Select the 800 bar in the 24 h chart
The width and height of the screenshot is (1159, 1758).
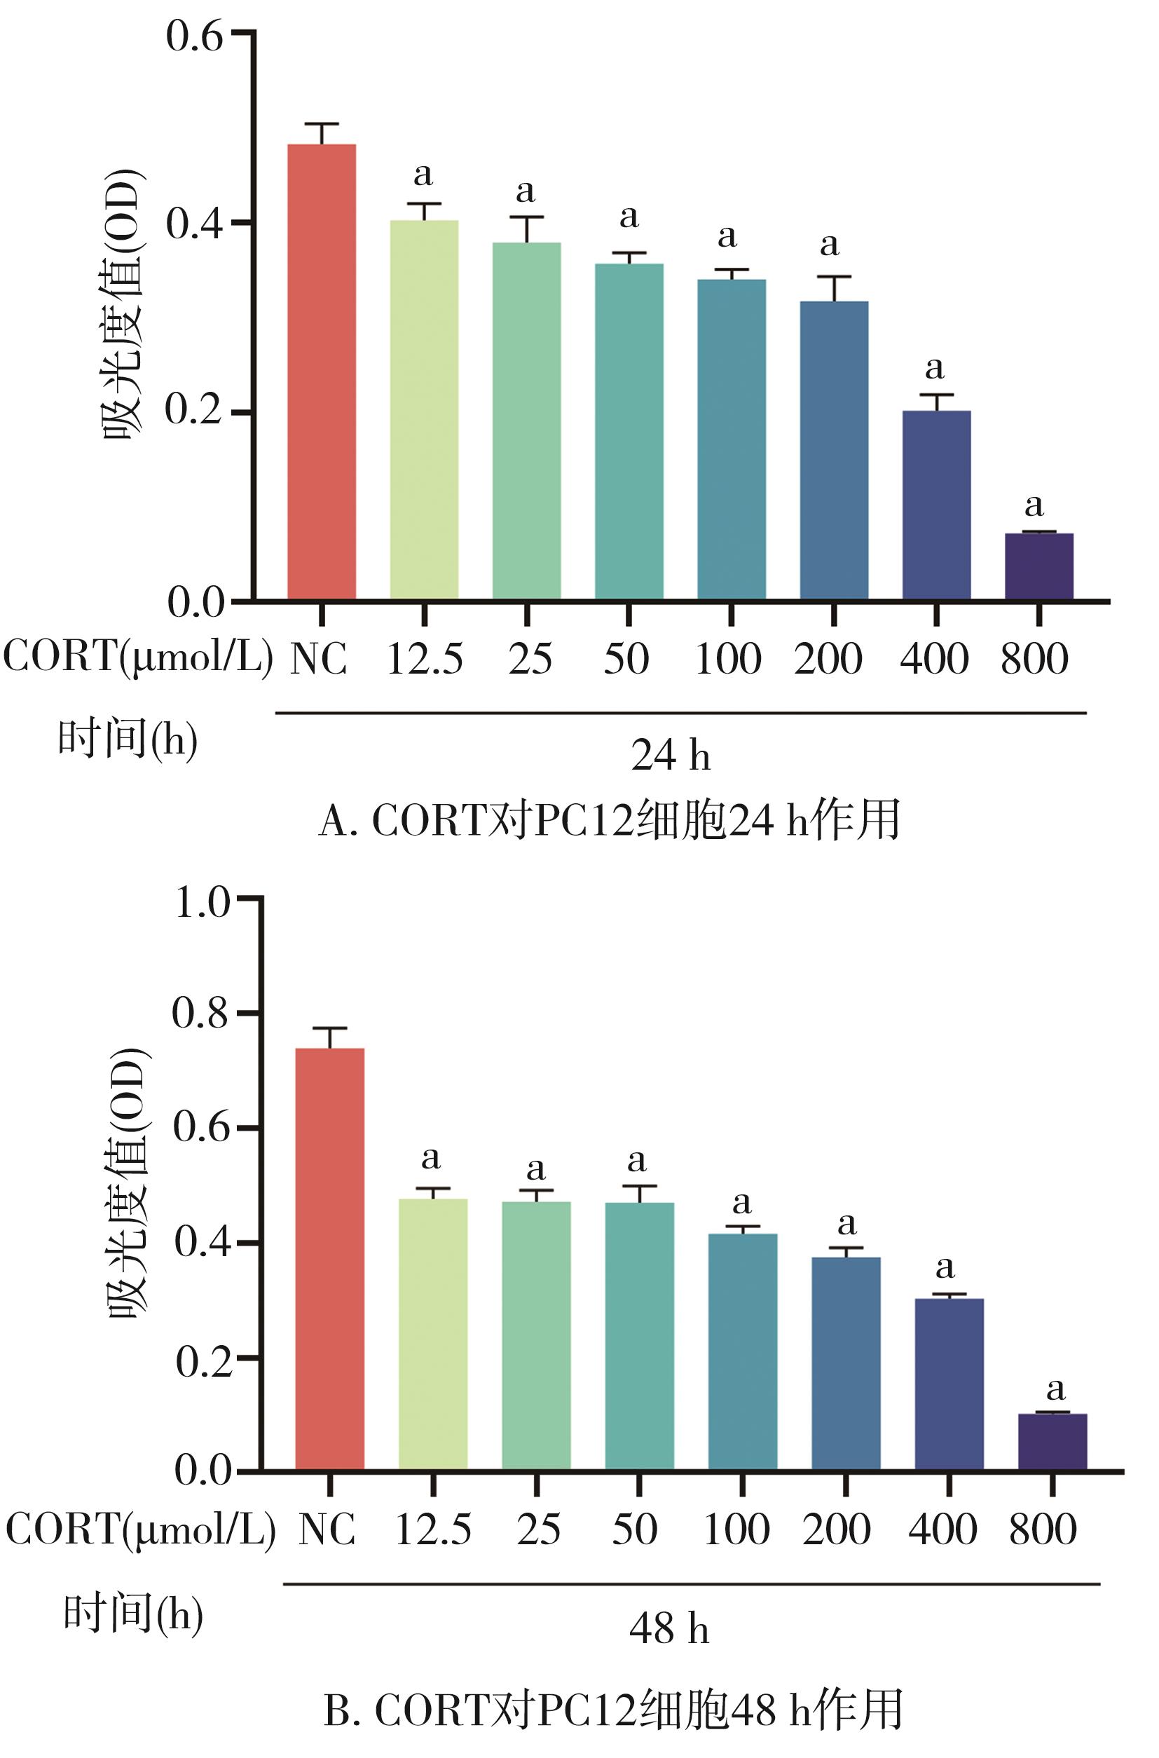(x=1039, y=566)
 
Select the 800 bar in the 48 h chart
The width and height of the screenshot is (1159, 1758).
(x=1052, y=1441)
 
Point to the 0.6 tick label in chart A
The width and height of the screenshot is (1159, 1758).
(x=193, y=36)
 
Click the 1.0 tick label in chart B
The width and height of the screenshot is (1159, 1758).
(x=202, y=903)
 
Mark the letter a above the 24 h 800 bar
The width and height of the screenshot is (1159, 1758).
(x=1034, y=505)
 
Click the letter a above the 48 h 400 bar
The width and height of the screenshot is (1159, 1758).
(x=945, y=1267)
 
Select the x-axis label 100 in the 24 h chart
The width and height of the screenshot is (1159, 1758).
(x=728, y=659)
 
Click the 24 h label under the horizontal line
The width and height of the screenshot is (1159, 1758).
(x=671, y=756)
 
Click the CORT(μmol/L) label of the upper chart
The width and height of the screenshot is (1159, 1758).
(x=138, y=657)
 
